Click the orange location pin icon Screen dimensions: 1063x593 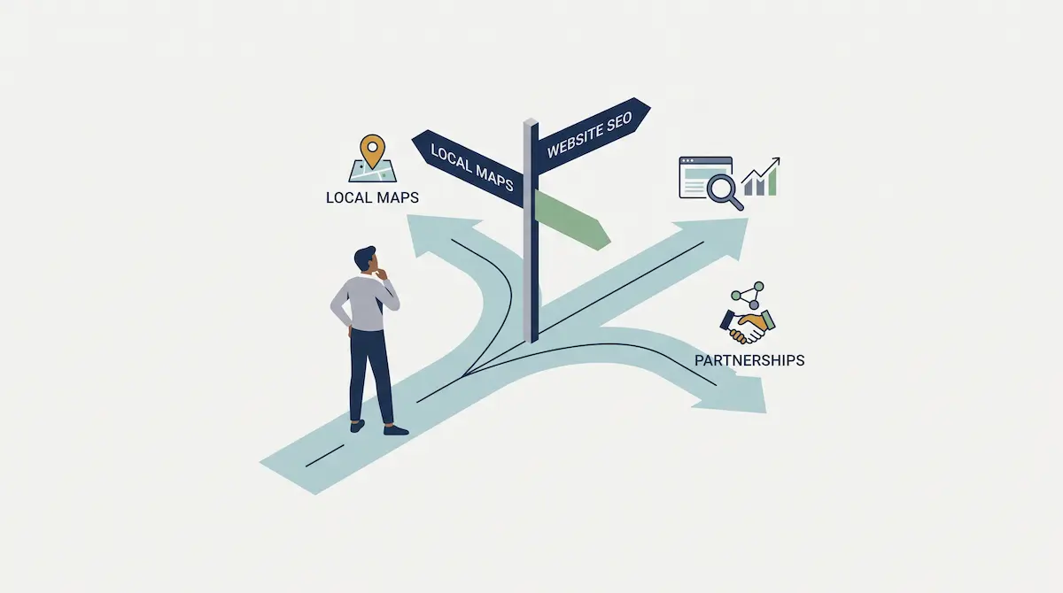pos(373,150)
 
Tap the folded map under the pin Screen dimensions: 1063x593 pos(373,173)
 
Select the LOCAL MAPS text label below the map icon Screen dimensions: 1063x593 pos(373,197)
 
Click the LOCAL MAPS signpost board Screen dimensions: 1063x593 pos(469,168)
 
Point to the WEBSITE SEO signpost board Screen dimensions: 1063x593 pos(594,135)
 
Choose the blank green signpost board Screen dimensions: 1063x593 pos(572,220)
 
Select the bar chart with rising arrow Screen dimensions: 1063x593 pos(761,177)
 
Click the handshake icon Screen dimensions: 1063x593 pos(748,326)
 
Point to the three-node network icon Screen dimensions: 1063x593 pos(749,295)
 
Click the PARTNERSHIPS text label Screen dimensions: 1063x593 pos(749,361)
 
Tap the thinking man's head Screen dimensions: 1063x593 pos(367,258)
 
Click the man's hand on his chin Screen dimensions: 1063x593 pos(381,274)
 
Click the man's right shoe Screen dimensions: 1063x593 pos(396,430)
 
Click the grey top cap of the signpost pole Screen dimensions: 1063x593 pos(531,122)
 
